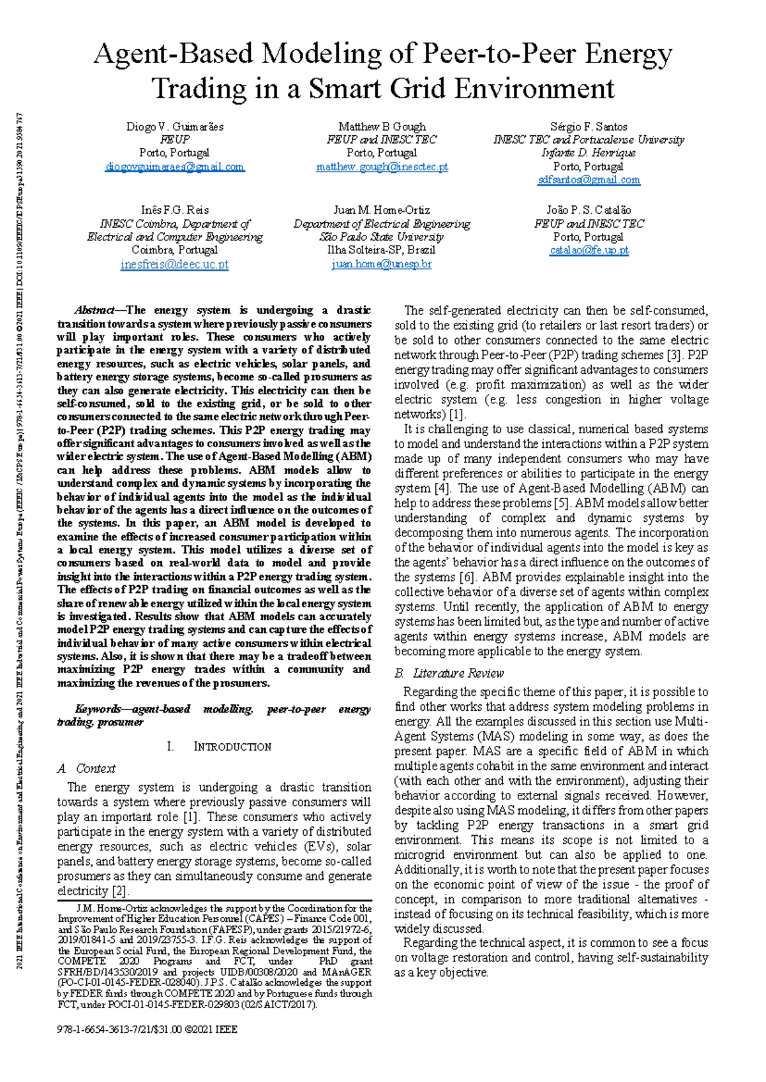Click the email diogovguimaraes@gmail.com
(x=174, y=167)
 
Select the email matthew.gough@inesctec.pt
(x=382, y=167)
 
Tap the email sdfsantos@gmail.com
(x=589, y=180)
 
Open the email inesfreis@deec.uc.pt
(x=174, y=264)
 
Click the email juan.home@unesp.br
(x=382, y=263)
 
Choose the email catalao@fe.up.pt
(x=589, y=250)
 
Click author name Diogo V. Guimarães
(x=174, y=126)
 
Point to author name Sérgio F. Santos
(x=589, y=126)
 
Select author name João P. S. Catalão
(x=589, y=210)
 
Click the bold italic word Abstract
(x=94, y=310)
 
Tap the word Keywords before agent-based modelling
(x=98, y=709)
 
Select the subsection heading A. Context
(x=86, y=769)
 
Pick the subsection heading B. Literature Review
(x=449, y=673)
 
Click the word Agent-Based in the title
(x=173, y=54)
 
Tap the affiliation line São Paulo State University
(x=382, y=237)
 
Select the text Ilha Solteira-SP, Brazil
(x=382, y=250)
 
